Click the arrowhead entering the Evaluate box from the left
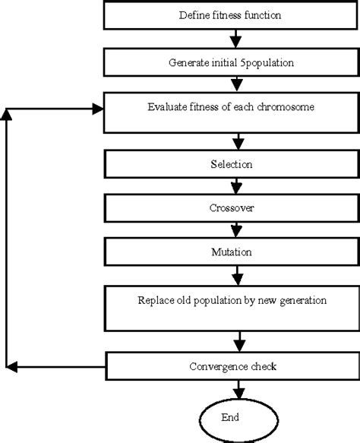(x=97, y=109)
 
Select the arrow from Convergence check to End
(x=239, y=389)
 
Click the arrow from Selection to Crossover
(x=239, y=185)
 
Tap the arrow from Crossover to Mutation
(x=239, y=229)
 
